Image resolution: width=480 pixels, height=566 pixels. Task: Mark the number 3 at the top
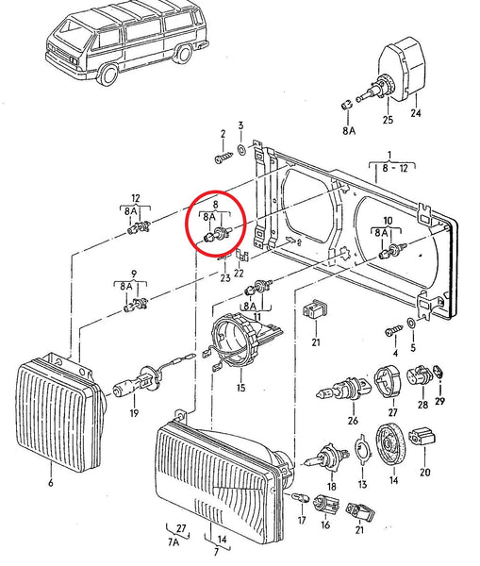click(240, 125)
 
